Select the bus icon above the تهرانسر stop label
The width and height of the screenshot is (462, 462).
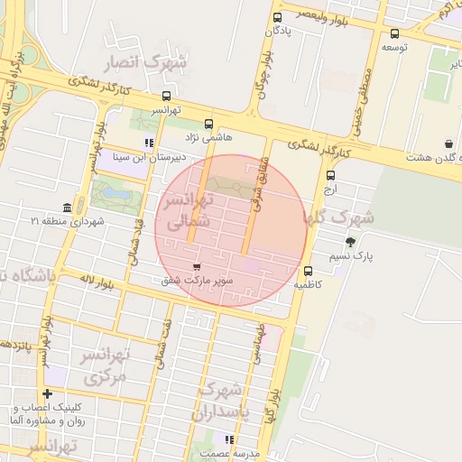coord(166,96)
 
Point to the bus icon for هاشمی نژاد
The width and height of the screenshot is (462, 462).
coord(209,124)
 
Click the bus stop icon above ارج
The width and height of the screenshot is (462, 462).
coord(331,176)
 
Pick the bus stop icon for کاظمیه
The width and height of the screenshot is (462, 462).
coord(309,270)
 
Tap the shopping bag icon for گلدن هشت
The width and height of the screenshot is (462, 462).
coord(448,143)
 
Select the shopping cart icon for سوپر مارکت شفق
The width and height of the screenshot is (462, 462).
coord(198,267)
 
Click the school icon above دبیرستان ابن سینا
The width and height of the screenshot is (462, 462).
coord(148,143)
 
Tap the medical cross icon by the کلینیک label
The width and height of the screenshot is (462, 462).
coord(48,394)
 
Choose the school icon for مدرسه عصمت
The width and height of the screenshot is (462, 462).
coord(229,439)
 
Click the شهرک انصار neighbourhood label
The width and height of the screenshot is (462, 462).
coord(144,64)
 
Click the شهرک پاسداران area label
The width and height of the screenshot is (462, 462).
coord(221,402)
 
